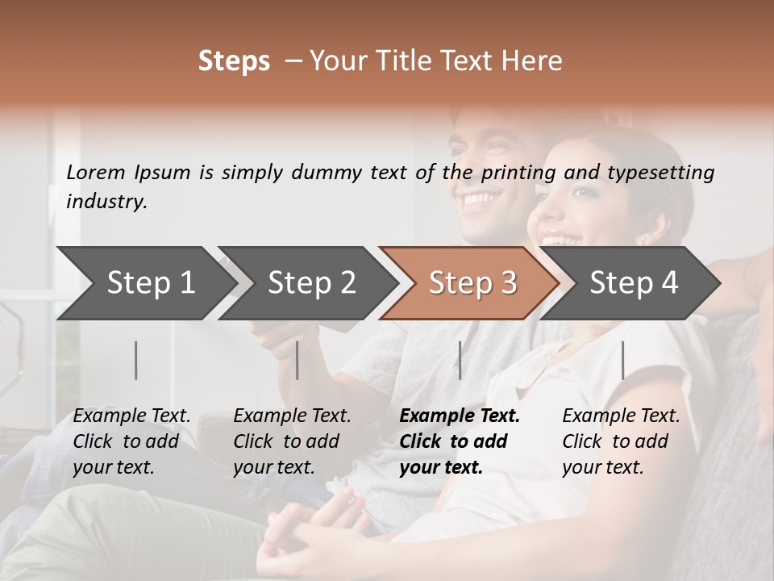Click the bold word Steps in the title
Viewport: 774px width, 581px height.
pyautogui.click(x=234, y=61)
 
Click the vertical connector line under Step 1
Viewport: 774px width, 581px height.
pyautogui.click(x=136, y=360)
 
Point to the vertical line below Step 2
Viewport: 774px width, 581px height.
pyautogui.click(x=298, y=360)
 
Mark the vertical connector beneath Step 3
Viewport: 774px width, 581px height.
pyautogui.click(x=460, y=360)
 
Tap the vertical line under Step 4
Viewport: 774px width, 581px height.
pyautogui.click(x=622, y=360)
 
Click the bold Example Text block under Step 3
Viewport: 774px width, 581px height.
pyautogui.click(x=460, y=441)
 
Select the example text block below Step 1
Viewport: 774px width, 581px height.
pyautogui.click(x=132, y=441)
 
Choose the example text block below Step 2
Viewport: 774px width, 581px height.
pyautogui.click(x=292, y=441)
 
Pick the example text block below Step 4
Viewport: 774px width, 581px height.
pyautogui.click(x=621, y=441)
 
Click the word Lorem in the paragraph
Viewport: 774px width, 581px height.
pyautogui.click(x=96, y=172)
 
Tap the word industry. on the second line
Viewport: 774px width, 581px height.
pyautogui.click(x=106, y=201)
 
